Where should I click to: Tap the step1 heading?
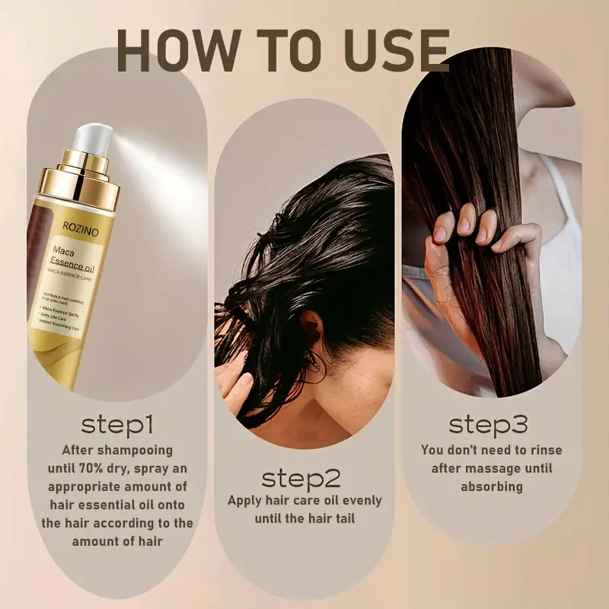pos(117,423)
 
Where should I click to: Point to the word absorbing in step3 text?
pos(492,486)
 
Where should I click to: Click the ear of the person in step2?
pos(311,328)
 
